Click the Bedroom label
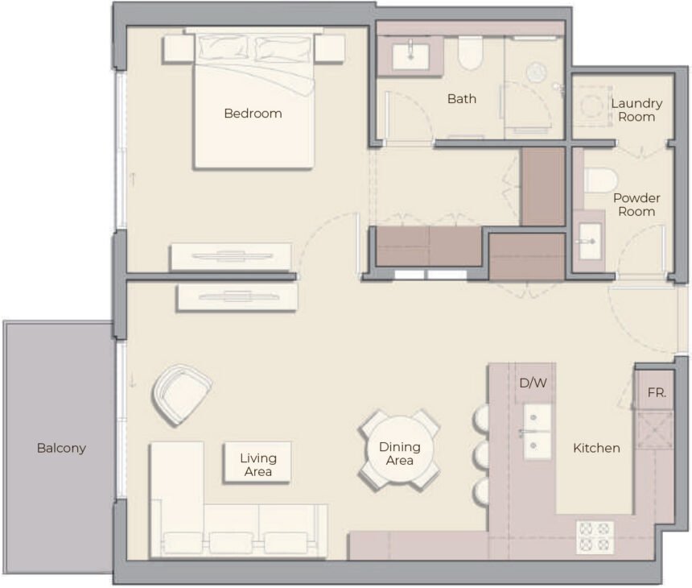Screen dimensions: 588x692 click(x=253, y=114)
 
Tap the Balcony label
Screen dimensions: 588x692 click(x=61, y=448)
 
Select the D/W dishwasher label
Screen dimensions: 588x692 click(x=533, y=383)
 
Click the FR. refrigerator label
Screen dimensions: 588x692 click(x=657, y=394)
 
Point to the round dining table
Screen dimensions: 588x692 click(x=399, y=450)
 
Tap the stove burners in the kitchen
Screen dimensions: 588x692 click(x=595, y=536)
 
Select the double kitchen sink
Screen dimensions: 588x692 click(x=538, y=432)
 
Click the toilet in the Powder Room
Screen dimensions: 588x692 click(x=600, y=180)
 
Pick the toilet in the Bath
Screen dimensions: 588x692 click(x=469, y=53)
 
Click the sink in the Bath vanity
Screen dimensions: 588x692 click(x=411, y=54)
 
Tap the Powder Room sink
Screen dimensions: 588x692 click(x=589, y=239)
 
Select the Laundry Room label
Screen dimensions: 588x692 click(x=636, y=110)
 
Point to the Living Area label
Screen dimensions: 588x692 click(x=257, y=465)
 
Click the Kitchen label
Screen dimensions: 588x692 click(x=596, y=448)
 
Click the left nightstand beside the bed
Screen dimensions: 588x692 click(x=178, y=48)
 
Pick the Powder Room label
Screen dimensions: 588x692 click(x=636, y=205)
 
